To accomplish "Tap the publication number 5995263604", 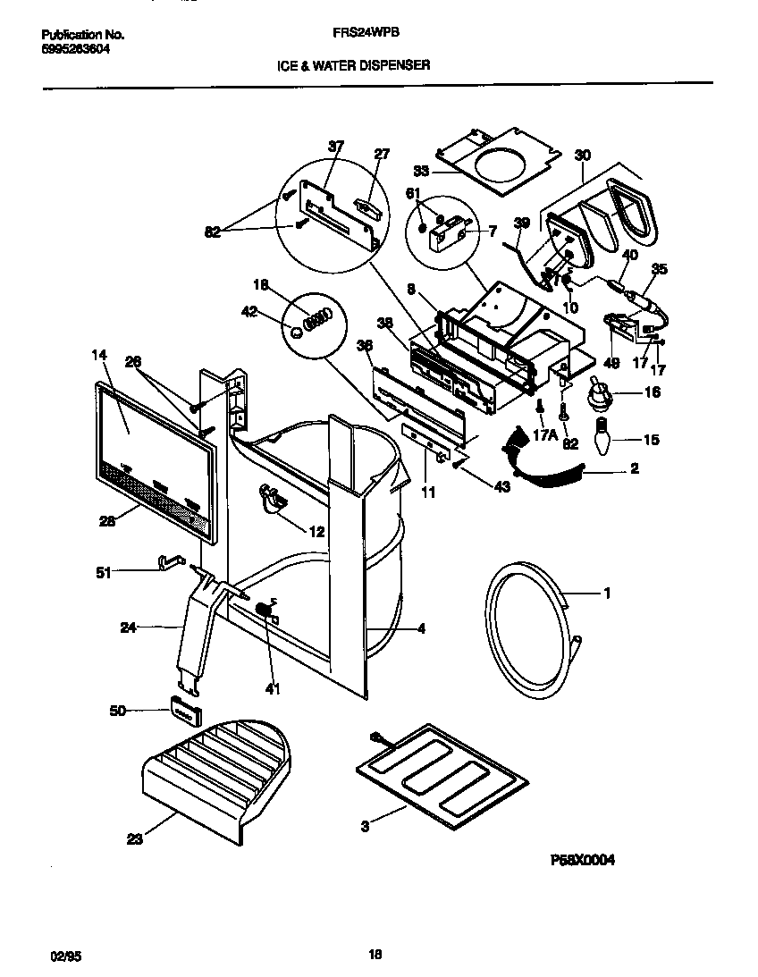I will click(x=77, y=49).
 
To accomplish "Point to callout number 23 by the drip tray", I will click(x=134, y=839).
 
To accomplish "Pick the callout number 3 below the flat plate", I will click(x=365, y=826).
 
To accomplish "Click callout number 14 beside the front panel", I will click(x=98, y=355).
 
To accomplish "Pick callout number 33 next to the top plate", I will click(x=422, y=170).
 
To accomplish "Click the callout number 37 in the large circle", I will click(x=335, y=147).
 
